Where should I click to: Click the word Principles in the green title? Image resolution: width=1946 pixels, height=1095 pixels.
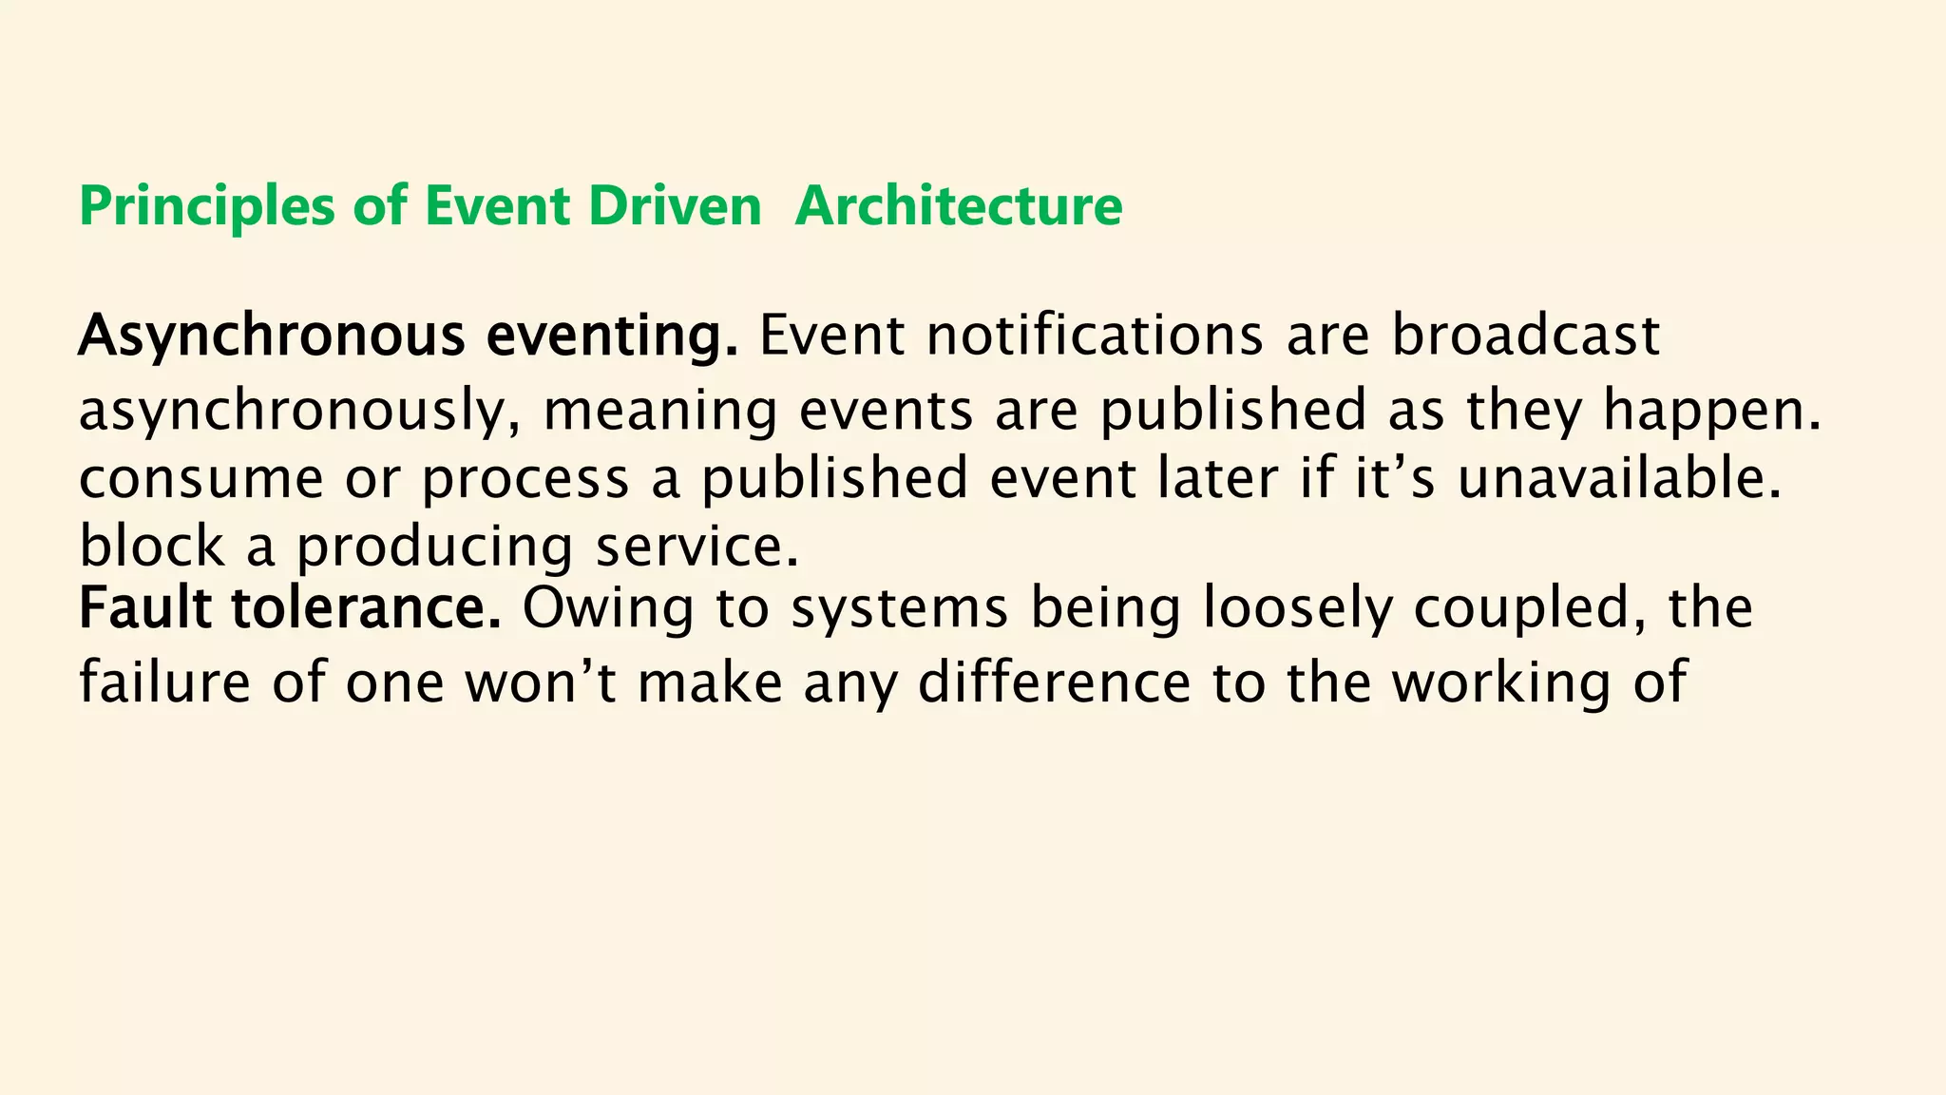(x=206, y=206)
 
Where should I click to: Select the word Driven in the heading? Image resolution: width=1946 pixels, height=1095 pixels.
(x=675, y=206)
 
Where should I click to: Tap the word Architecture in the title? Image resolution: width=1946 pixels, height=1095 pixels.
(x=959, y=206)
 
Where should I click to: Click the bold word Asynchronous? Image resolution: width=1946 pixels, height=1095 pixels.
(x=272, y=336)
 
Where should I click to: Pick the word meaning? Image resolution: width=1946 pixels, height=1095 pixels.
(x=660, y=411)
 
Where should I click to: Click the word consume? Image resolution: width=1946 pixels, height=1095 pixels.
(x=200, y=478)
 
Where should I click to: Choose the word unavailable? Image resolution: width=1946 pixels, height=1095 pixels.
(x=1619, y=478)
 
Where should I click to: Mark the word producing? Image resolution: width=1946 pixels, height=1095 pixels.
(x=434, y=547)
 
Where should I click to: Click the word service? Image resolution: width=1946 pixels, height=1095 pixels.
(x=697, y=547)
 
